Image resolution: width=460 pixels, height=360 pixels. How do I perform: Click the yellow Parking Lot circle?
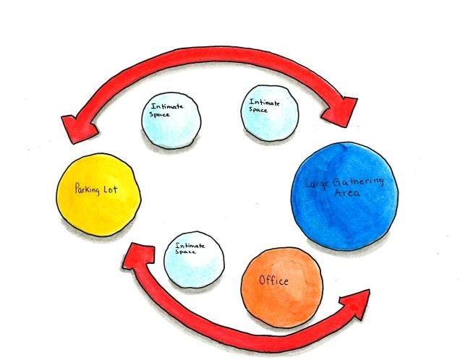click(x=97, y=193)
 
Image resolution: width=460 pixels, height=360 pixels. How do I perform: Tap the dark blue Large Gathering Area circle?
click(x=344, y=190)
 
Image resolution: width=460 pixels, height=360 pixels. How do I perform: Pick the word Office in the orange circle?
click(x=275, y=280)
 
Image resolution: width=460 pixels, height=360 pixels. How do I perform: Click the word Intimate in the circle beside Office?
click(x=190, y=247)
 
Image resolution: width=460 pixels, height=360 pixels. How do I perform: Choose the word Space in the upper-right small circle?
click(x=259, y=110)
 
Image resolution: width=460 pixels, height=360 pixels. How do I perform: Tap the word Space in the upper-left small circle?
click(x=159, y=114)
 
